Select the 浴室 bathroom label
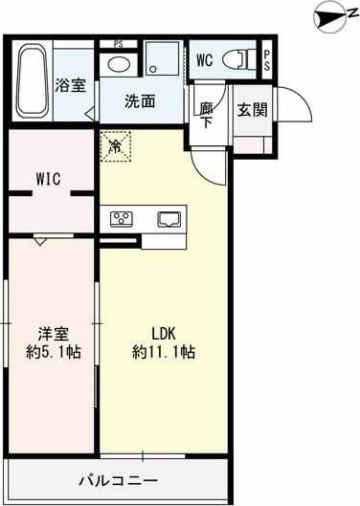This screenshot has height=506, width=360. (70, 85)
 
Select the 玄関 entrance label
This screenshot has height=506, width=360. (253, 108)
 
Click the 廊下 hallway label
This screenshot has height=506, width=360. (207, 113)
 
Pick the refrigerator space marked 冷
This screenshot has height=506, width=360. (115, 146)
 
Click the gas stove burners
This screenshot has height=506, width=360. (123, 217)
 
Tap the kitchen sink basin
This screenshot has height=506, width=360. (169, 217)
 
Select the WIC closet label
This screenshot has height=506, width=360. (51, 179)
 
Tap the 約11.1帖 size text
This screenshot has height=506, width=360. (164, 351)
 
